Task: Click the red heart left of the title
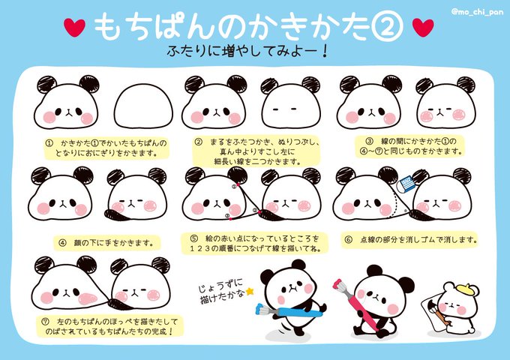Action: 74,27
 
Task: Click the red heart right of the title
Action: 423,27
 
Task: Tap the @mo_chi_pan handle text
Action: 478,12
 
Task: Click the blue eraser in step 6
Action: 407,184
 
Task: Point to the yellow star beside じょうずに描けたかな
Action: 250,292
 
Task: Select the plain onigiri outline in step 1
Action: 143,106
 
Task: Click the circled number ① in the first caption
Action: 49,143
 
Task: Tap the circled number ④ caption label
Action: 62,242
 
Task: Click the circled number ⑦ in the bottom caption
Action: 45,322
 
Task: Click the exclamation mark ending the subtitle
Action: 324,52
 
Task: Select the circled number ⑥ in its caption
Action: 348,240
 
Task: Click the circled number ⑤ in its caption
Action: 193,238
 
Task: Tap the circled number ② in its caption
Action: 198,142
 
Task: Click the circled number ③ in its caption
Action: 369,142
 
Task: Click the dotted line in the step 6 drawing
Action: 397,202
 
